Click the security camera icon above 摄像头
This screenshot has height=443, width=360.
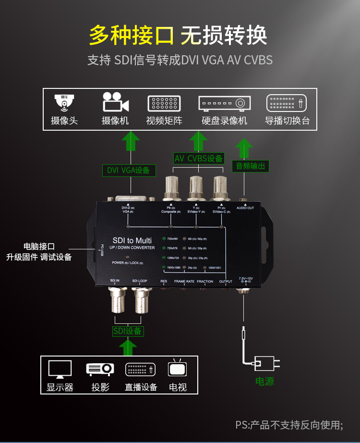click(x=64, y=102)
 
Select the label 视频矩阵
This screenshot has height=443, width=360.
click(x=164, y=120)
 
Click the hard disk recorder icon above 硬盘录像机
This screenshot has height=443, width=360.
click(x=224, y=103)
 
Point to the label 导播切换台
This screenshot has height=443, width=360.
click(x=287, y=120)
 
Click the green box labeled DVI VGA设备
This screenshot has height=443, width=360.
click(x=128, y=170)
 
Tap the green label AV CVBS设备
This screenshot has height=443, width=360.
click(x=199, y=159)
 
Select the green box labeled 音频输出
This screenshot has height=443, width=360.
click(x=251, y=166)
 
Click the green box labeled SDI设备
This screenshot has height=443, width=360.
click(x=128, y=331)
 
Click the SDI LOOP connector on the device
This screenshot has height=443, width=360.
click(x=143, y=300)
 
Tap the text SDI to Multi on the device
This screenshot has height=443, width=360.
click(x=132, y=240)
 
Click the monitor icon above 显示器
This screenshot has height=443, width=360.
click(x=60, y=369)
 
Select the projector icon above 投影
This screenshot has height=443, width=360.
click(x=100, y=369)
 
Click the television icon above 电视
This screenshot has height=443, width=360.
click(x=178, y=369)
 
